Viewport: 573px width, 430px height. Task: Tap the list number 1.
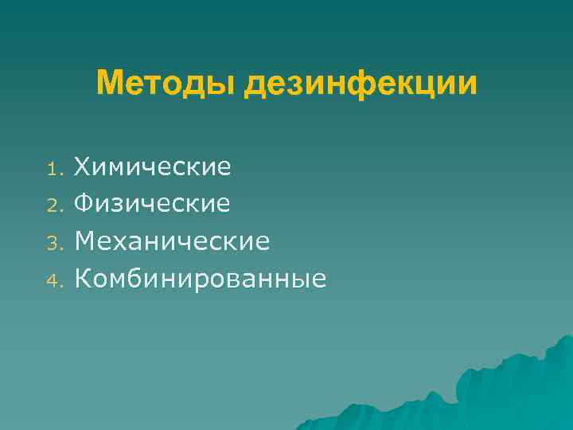(x=53, y=169)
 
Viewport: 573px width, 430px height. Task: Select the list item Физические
(x=152, y=205)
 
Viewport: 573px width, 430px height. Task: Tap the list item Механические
(x=172, y=241)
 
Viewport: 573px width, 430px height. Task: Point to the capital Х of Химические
(x=83, y=167)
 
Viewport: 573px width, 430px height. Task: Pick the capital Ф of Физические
(x=84, y=205)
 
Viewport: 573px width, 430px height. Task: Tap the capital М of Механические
(x=85, y=241)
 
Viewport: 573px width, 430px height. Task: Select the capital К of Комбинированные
(x=83, y=279)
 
